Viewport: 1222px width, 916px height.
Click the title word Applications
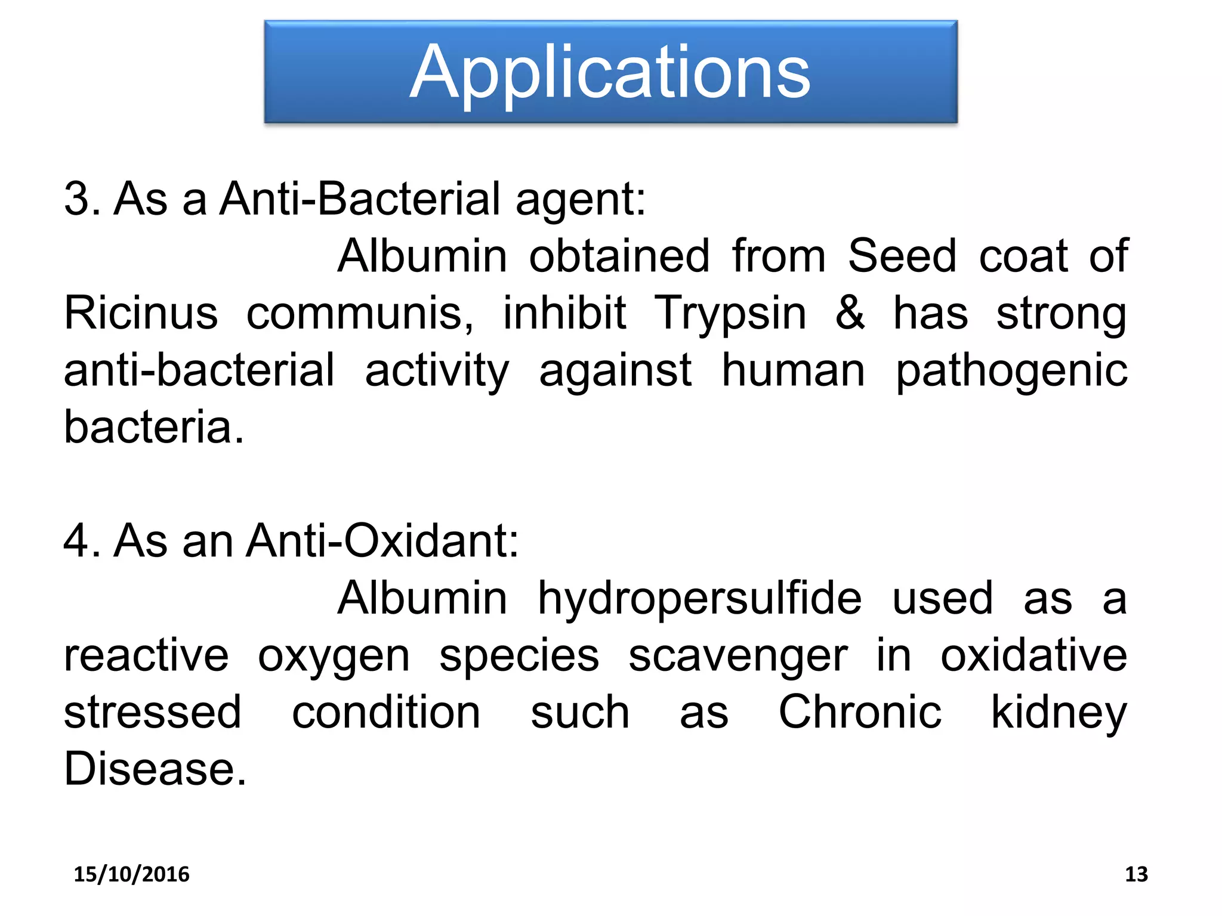610,73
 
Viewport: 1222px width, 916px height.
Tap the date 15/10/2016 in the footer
131,874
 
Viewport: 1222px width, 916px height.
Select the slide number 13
1136,874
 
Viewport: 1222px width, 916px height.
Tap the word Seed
902,256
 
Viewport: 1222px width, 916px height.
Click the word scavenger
737,657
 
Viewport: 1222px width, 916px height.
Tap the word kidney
1059,714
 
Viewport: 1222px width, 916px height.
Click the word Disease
155,769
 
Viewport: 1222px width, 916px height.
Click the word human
793,370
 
